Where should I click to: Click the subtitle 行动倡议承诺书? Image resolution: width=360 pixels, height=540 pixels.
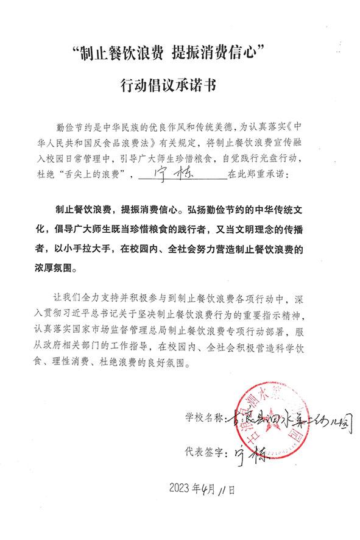tap(180, 87)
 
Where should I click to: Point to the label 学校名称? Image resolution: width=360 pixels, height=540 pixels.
tap(203, 419)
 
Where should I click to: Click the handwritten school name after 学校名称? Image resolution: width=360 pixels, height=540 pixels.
tap(286, 419)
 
